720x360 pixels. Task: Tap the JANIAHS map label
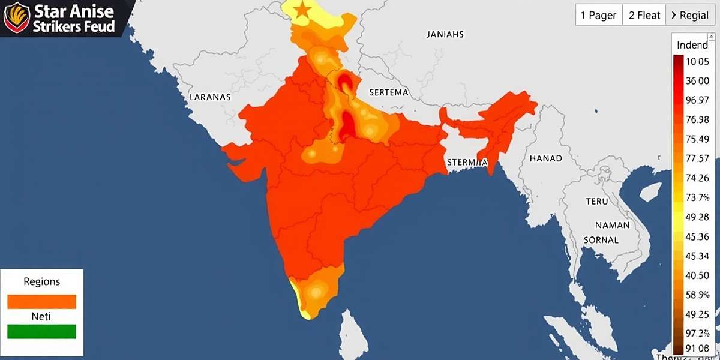[x=445, y=34]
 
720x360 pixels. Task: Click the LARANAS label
[x=210, y=96]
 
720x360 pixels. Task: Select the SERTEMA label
[x=389, y=92]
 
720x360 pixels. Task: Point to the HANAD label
[x=545, y=158]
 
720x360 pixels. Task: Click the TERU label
[x=597, y=202]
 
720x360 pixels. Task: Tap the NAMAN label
[x=612, y=225]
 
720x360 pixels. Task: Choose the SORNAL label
[x=601, y=239]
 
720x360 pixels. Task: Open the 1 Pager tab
[x=598, y=16]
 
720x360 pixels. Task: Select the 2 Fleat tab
[x=644, y=16]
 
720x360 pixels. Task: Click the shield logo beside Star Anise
[x=16, y=17]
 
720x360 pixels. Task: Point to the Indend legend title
[x=692, y=46]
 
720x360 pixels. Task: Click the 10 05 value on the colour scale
[x=697, y=61]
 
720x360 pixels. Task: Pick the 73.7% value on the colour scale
[x=697, y=197]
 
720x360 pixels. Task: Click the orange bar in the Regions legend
[x=42, y=301]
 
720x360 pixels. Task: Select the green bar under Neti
[x=42, y=331]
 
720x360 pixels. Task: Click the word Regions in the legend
[x=42, y=281]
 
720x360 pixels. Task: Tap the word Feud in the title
[x=99, y=27]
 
